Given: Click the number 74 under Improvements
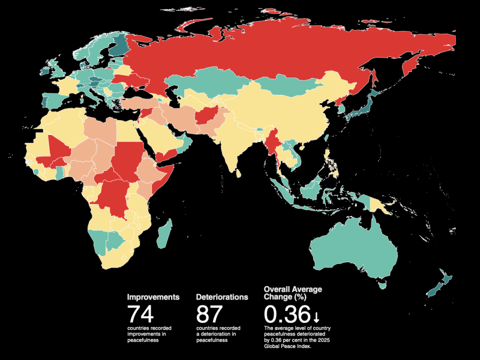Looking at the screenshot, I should click(140, 314).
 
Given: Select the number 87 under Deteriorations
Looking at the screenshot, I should click(209, 314).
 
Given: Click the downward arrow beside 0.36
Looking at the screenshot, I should click(316, 316).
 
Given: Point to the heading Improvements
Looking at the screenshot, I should click(153, 297).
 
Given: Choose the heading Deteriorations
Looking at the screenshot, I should click(222, 297).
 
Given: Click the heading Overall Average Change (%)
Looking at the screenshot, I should click(293, 293).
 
